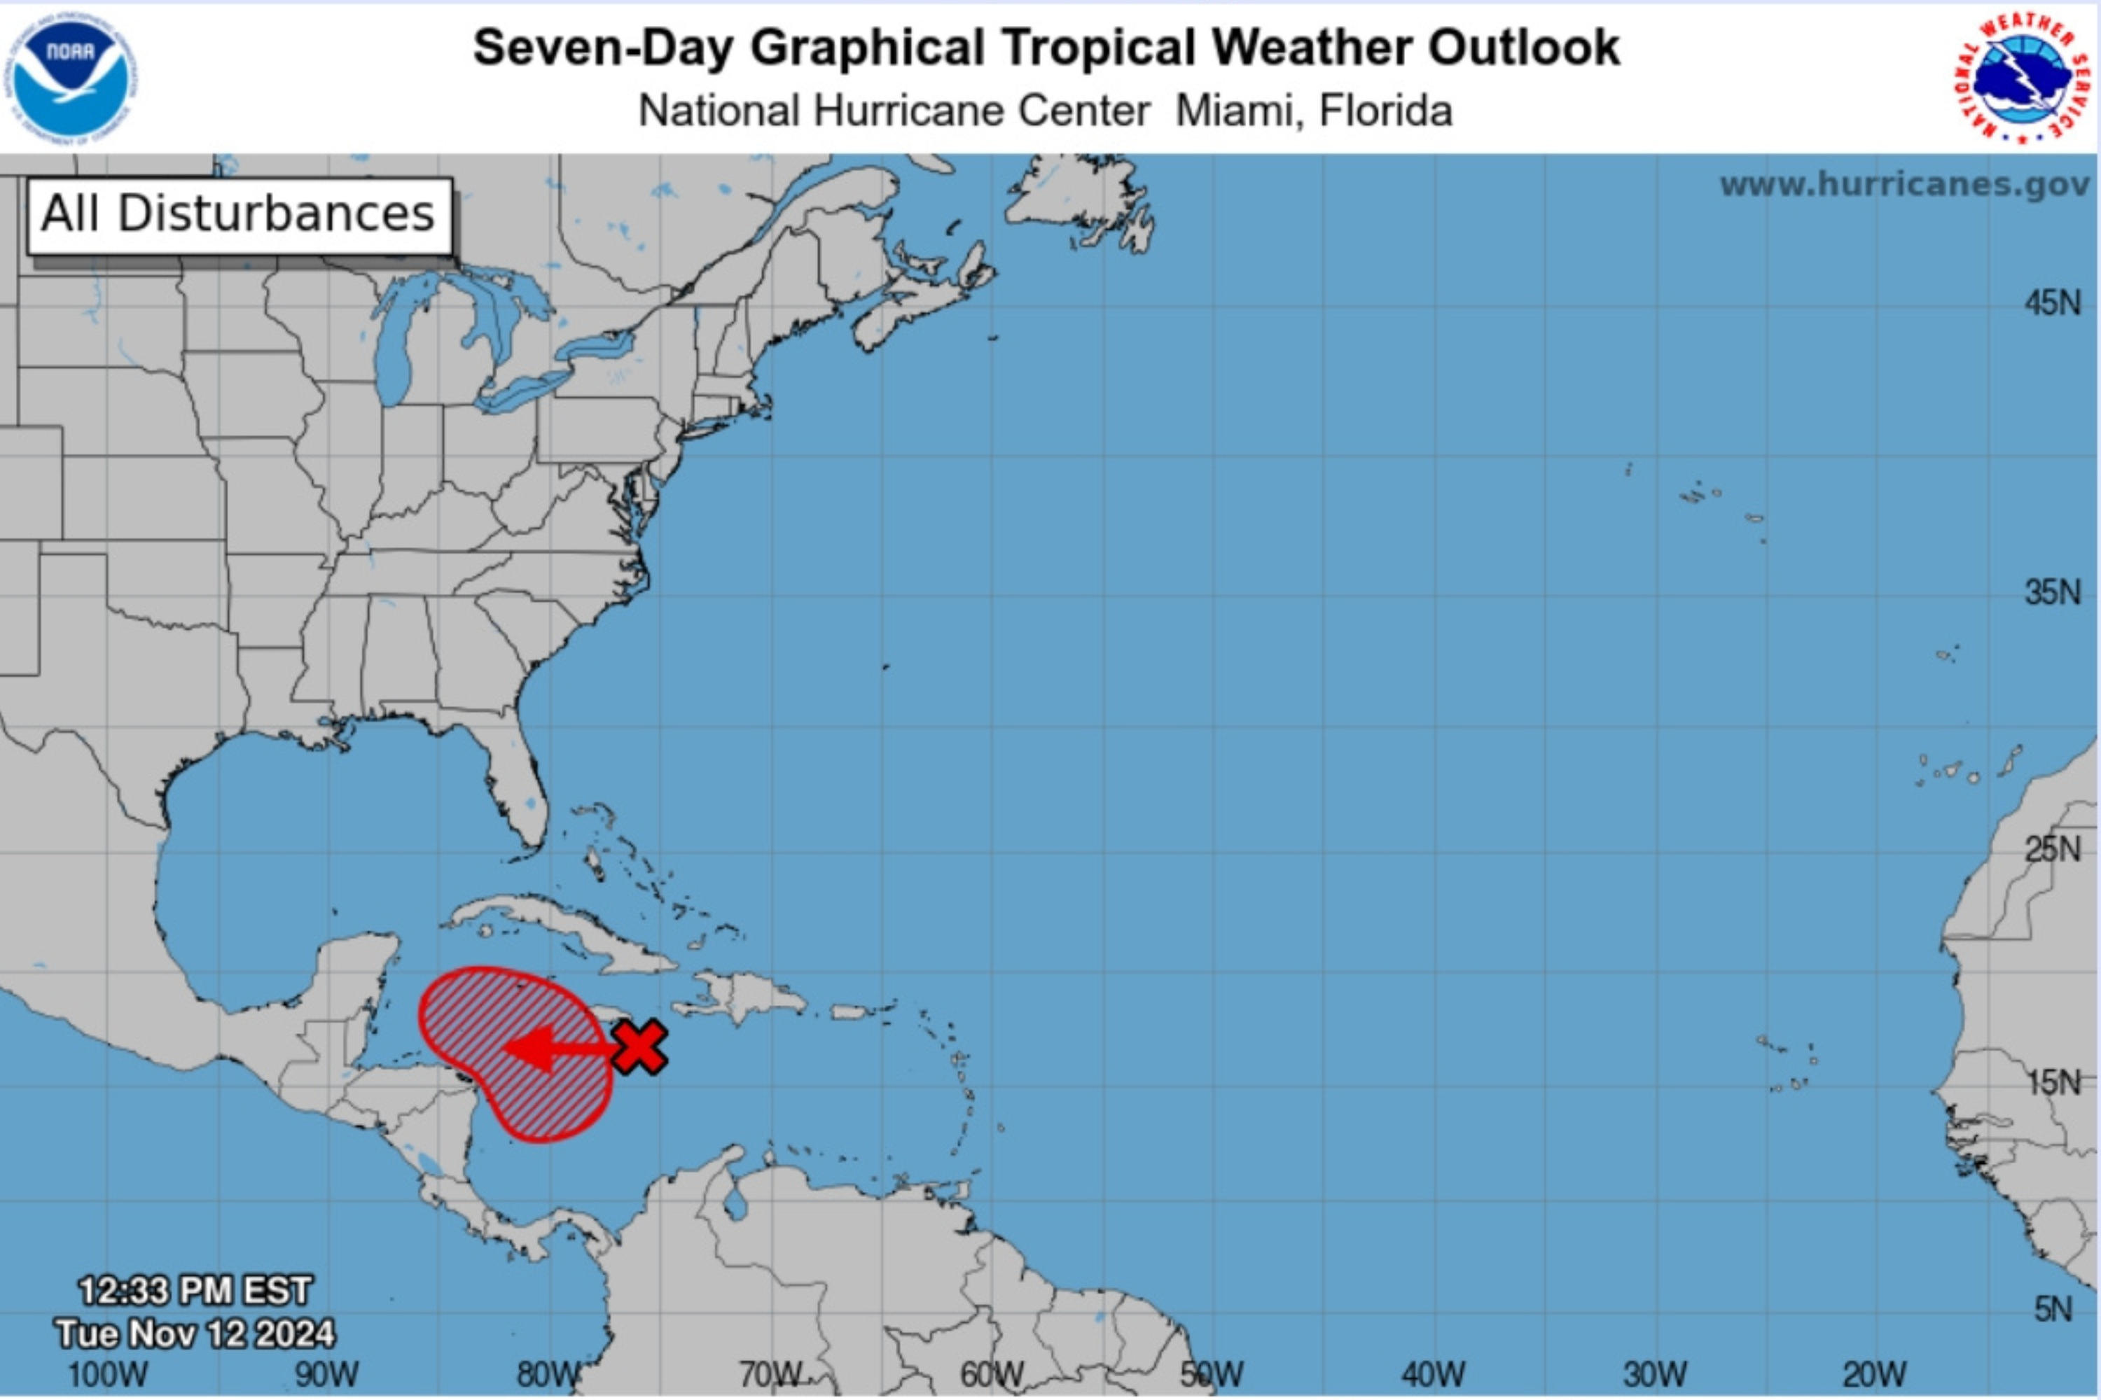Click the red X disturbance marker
point(639,1046)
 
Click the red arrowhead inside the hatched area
point(529,1048)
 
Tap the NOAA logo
point(71,75)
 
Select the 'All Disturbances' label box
point(240,215)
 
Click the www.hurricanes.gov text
point(1904,185)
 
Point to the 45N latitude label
point(2052,304)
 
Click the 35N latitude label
point(2052,593)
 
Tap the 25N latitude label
point(2052,848)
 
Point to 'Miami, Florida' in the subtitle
point(1313,111)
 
